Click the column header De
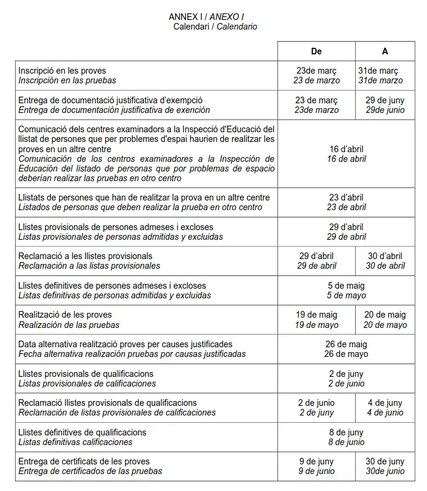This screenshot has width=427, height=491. tap(316, 51)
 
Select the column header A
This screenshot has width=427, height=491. tap(385, 51)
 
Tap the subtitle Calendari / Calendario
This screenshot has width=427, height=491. tap(215, 27)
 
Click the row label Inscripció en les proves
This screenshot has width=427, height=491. tap(62, 71)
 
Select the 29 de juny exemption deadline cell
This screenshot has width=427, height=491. tap(385, 105)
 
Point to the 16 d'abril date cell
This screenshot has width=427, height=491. tap(346, 154)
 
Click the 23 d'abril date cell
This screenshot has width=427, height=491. tap(346, 202)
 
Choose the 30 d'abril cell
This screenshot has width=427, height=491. tap(385, 261)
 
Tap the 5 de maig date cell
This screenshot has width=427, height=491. tap(346, 290)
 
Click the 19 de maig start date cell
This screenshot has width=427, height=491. tap(316, 319)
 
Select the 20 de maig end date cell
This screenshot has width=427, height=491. tap(385, 319)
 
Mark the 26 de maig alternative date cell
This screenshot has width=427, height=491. tap(346, 349)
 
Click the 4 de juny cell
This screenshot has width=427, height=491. tap(385, 408)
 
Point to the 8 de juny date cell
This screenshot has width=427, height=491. tap(346, 437)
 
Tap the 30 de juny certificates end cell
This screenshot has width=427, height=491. tap(385, 466)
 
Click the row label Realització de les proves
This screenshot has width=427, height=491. tap(65, 315)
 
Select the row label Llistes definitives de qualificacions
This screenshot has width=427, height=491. tap(82, 432)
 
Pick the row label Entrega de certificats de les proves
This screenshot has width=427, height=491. tap(84, 461)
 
